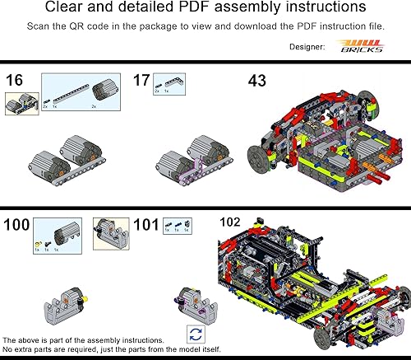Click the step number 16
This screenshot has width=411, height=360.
[14, 81]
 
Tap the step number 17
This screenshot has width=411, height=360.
[141, 81]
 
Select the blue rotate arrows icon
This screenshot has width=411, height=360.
[196, 334]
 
